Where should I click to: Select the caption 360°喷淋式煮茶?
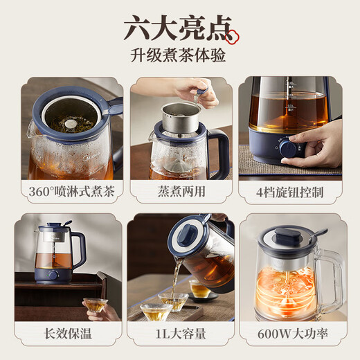click(71, 192)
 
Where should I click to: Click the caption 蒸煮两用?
click(180, 192)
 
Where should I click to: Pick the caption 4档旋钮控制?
click(289, 192)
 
